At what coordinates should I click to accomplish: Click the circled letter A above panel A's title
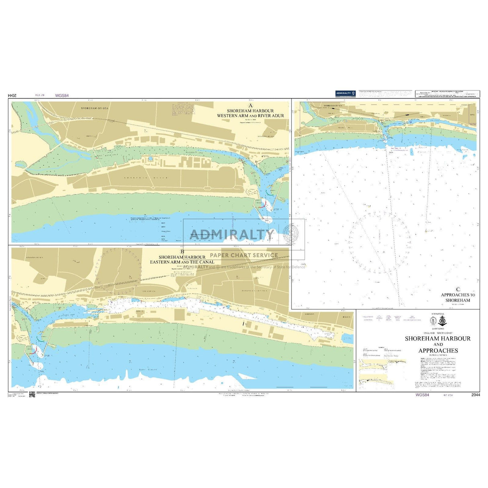pyautogui.click(x=250, y=106)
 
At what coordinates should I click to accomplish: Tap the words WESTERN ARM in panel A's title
pyautogui.click(x=230, y=116)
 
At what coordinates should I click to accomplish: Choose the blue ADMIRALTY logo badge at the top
pyautogui.click(x=345, y=93)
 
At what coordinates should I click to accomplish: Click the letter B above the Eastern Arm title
pyautogui.click(x=182, y=252)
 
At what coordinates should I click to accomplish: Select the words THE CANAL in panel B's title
pyautogui.click(x=203, y=262)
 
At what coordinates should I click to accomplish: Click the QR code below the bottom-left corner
pyautogui.click(x=32, y=395)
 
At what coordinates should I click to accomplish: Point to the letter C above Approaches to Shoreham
pyautogui.click(x=457, y=289)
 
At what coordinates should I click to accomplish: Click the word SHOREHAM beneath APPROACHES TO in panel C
pyautogui.click(x=457, y=300)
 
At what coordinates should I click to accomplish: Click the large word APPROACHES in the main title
pyautogui.click(x=438, y=351)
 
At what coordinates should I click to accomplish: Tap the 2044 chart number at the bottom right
pyautogui.click(x=475, y=396)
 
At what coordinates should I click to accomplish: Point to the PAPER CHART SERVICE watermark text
pyautogui.click(x=244, y=255)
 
